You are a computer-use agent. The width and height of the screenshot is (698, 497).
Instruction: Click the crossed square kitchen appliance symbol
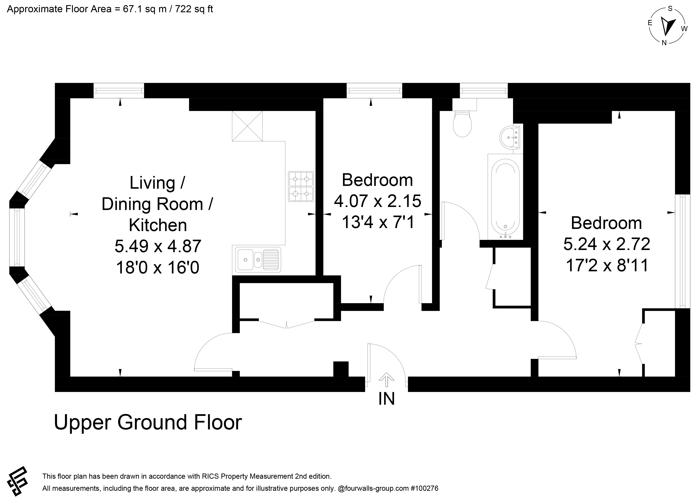click(x=247, y=126)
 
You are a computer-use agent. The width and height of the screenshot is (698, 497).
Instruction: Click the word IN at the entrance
click(x=387, y=399)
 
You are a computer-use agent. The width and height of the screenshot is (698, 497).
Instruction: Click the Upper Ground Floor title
click(x=148, y=423)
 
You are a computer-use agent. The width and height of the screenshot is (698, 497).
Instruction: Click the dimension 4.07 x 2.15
click(x=377, y=201)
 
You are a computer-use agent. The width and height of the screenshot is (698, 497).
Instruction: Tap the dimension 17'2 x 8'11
click(x=607, y=265)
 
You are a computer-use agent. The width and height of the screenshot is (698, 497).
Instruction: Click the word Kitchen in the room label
click(x=158, y=225)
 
